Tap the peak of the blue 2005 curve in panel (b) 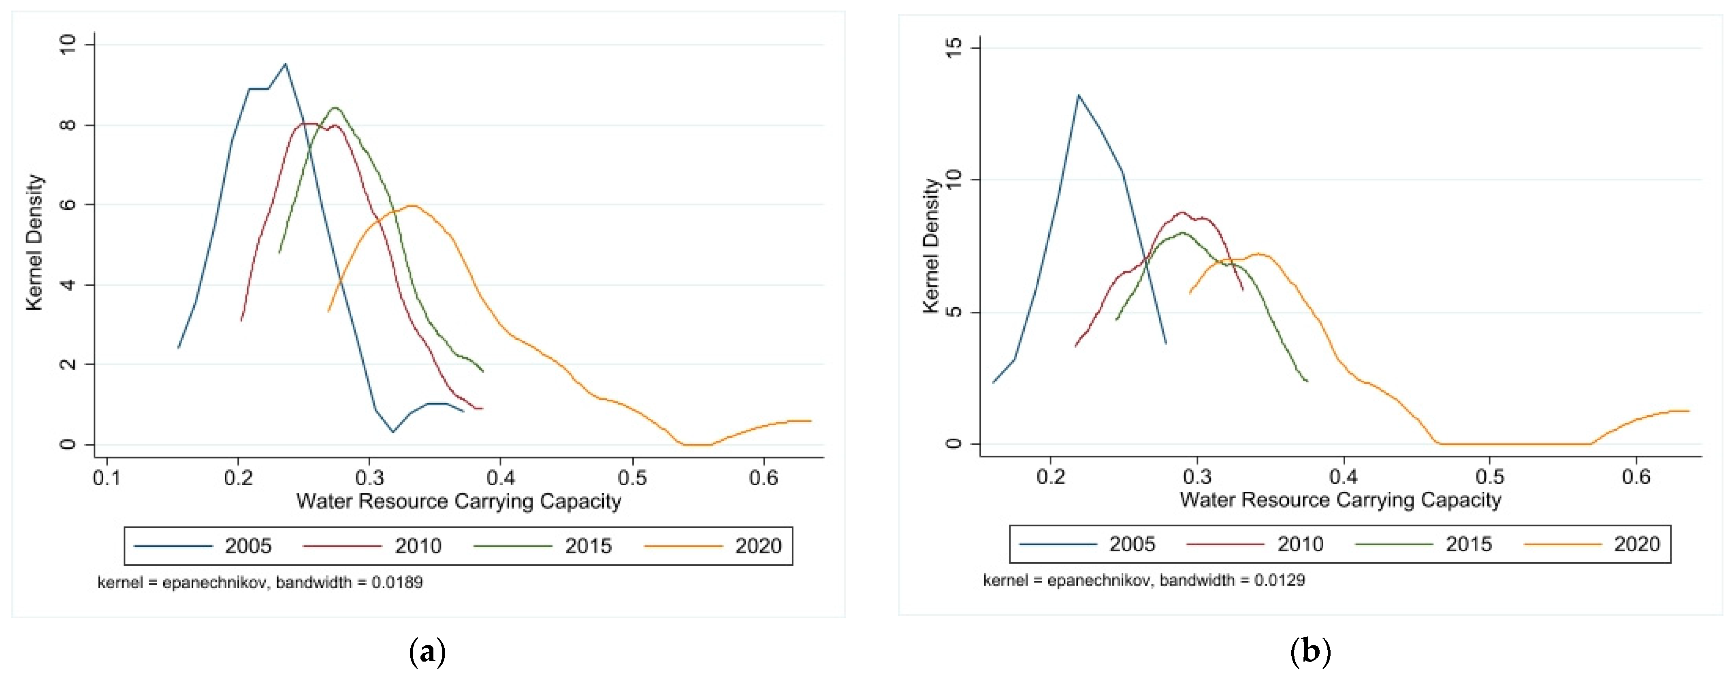(1078, 95)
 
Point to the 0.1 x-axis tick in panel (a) (107, 478)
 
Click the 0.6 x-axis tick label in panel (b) (1636, 477)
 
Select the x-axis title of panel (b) (1340, 500)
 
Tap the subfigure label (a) (427, 652)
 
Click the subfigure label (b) (1311, 652)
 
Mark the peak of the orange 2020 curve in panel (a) (412, 206)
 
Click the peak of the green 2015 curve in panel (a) (335, 108)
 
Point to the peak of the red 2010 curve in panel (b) (1182, 212)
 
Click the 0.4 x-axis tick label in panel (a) (500, 478)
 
